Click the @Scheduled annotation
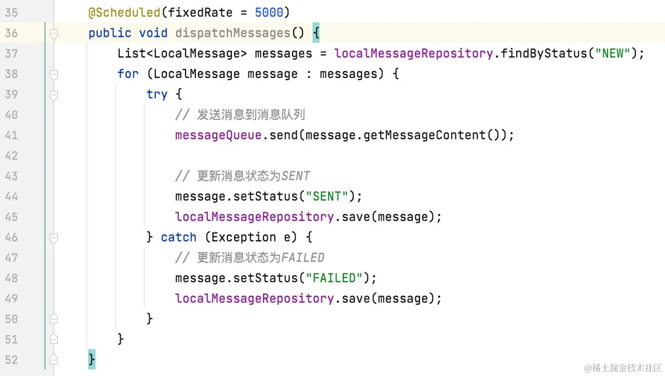tap(125, 13)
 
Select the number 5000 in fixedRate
tap(269, 13)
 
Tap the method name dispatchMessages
tap(233, 33)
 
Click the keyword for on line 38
tap(128, 74)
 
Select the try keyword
tap(157, 94)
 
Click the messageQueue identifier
tap(218, 135)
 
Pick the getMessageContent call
tap(425, 135)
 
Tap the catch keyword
tap(179, 238)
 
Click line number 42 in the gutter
tap(11, 156)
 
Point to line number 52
tap(11, 360)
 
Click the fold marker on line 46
tap(54, 238)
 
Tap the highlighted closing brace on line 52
tap(92, 360)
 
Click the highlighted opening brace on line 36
tap(315, 33)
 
